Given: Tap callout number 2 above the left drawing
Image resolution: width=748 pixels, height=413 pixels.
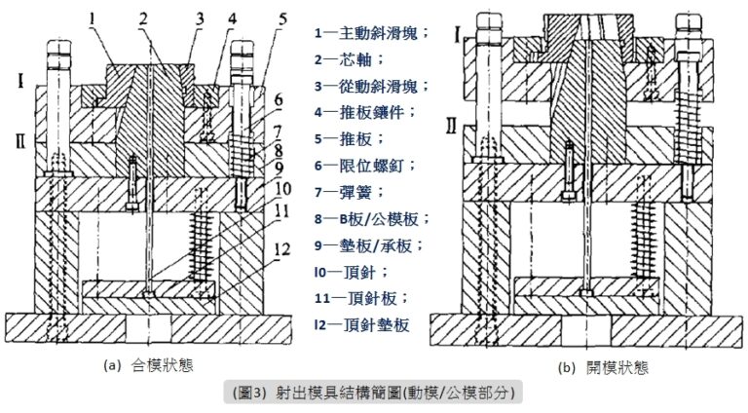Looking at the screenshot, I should [143, 19].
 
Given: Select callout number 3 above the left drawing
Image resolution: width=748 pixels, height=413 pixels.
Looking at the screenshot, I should [199, 19].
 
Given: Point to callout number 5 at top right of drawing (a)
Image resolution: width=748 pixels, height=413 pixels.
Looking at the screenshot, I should [282, 19].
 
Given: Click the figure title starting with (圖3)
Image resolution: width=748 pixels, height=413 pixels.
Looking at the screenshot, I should [375, 393].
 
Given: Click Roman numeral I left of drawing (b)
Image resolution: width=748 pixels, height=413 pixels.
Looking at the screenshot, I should [458, 36].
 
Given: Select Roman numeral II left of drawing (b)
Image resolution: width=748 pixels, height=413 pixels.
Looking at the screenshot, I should [451, 125].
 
